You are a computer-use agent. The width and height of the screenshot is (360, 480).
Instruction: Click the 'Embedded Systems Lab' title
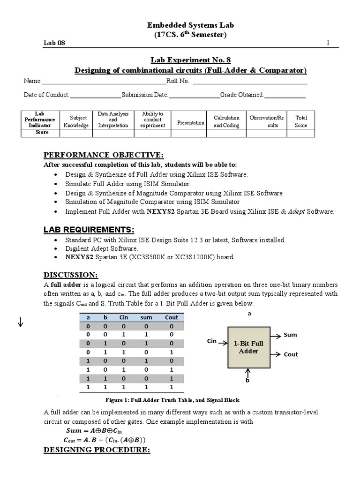point(190,25)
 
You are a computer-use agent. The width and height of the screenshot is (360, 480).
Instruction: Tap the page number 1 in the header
point(328,43)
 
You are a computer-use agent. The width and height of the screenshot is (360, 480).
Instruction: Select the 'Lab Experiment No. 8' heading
point(190,60)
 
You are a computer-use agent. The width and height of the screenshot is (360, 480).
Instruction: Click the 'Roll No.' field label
point(178,81)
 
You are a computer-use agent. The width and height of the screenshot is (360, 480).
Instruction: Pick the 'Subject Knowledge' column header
point(76,121)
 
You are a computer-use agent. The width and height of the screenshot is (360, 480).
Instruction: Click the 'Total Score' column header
point(301,121)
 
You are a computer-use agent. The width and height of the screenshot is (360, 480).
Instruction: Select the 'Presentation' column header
point(190,123)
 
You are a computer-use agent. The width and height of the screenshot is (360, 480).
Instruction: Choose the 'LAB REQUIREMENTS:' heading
point(89,229)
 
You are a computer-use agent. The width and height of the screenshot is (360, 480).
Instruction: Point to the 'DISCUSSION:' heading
point(71,274)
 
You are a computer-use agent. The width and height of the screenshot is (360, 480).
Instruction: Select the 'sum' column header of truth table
point(146,317)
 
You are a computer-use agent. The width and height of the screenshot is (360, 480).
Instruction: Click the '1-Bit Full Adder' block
point(248,347)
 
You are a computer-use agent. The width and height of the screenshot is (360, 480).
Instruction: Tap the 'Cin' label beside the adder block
point(212,341)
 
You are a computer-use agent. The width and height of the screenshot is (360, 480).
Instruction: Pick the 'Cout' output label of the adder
point(291,354)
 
